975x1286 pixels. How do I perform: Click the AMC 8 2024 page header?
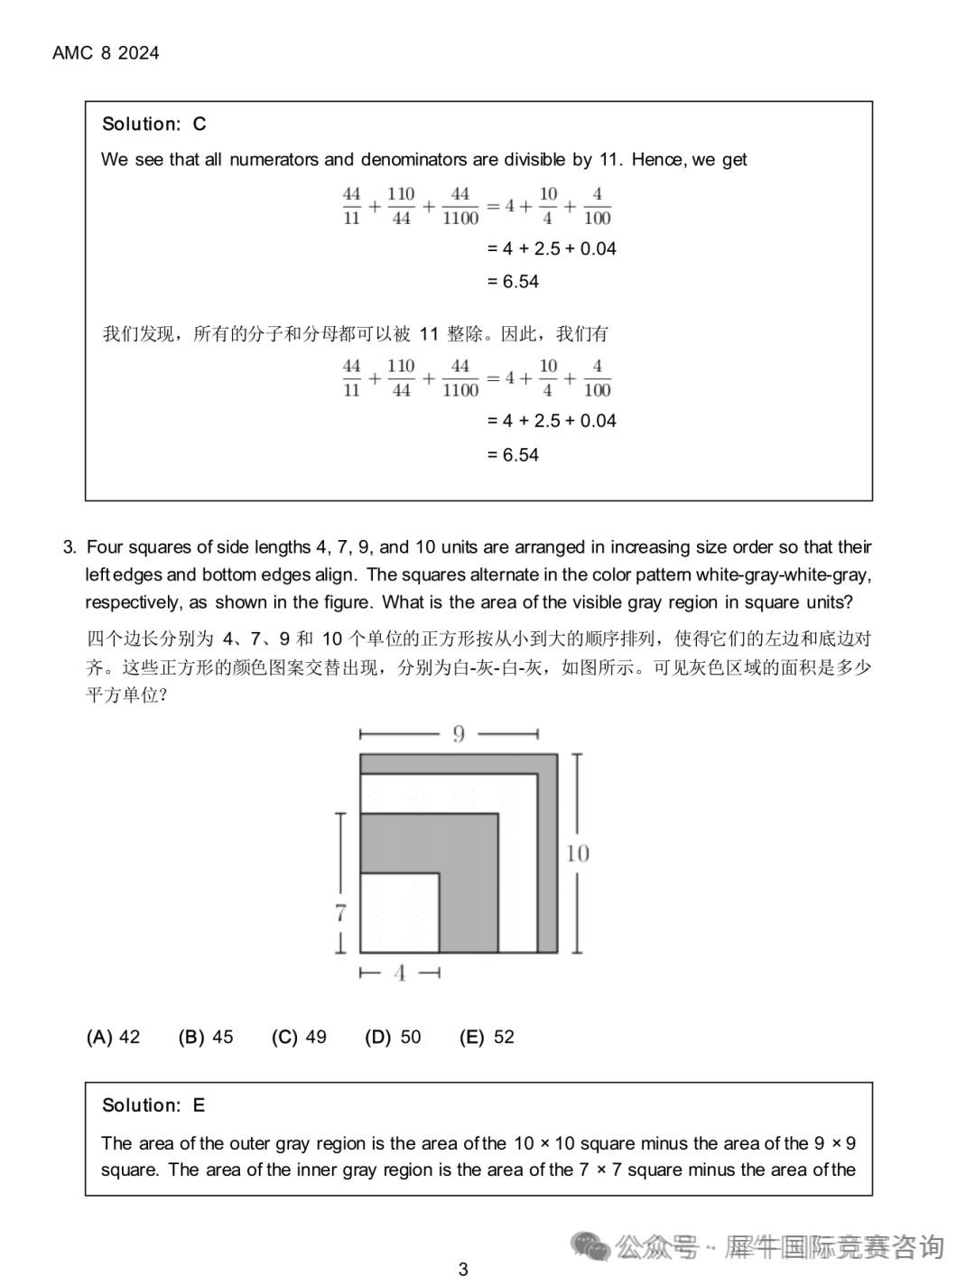(106, 53)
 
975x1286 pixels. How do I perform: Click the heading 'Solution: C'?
(153, 124)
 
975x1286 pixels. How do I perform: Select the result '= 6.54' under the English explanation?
(513, 282)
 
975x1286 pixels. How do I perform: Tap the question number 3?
(69, 547)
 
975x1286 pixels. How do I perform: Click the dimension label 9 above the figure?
(459, 734)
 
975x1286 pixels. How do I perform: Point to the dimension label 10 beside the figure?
(577, 853)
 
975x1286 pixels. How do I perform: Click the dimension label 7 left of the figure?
(340, 913)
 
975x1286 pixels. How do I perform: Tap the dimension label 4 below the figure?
(399, 974)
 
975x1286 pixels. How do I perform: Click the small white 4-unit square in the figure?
(399, 912)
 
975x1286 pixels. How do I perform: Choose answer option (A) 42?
(113, 1037)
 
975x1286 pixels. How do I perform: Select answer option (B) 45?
(206, 1037)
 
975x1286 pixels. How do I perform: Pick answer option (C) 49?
(299, 1037)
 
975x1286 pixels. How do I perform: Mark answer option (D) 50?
(393, 1037)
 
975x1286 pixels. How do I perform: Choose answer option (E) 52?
(487, 1037)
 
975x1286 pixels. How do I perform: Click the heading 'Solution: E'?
(153, 1105)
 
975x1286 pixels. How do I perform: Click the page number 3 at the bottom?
(463, 1269)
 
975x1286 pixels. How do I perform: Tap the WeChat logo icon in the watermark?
(591, 1247)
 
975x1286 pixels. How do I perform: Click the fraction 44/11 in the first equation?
(352, 206)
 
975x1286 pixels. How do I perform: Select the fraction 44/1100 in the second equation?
(460, 378)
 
